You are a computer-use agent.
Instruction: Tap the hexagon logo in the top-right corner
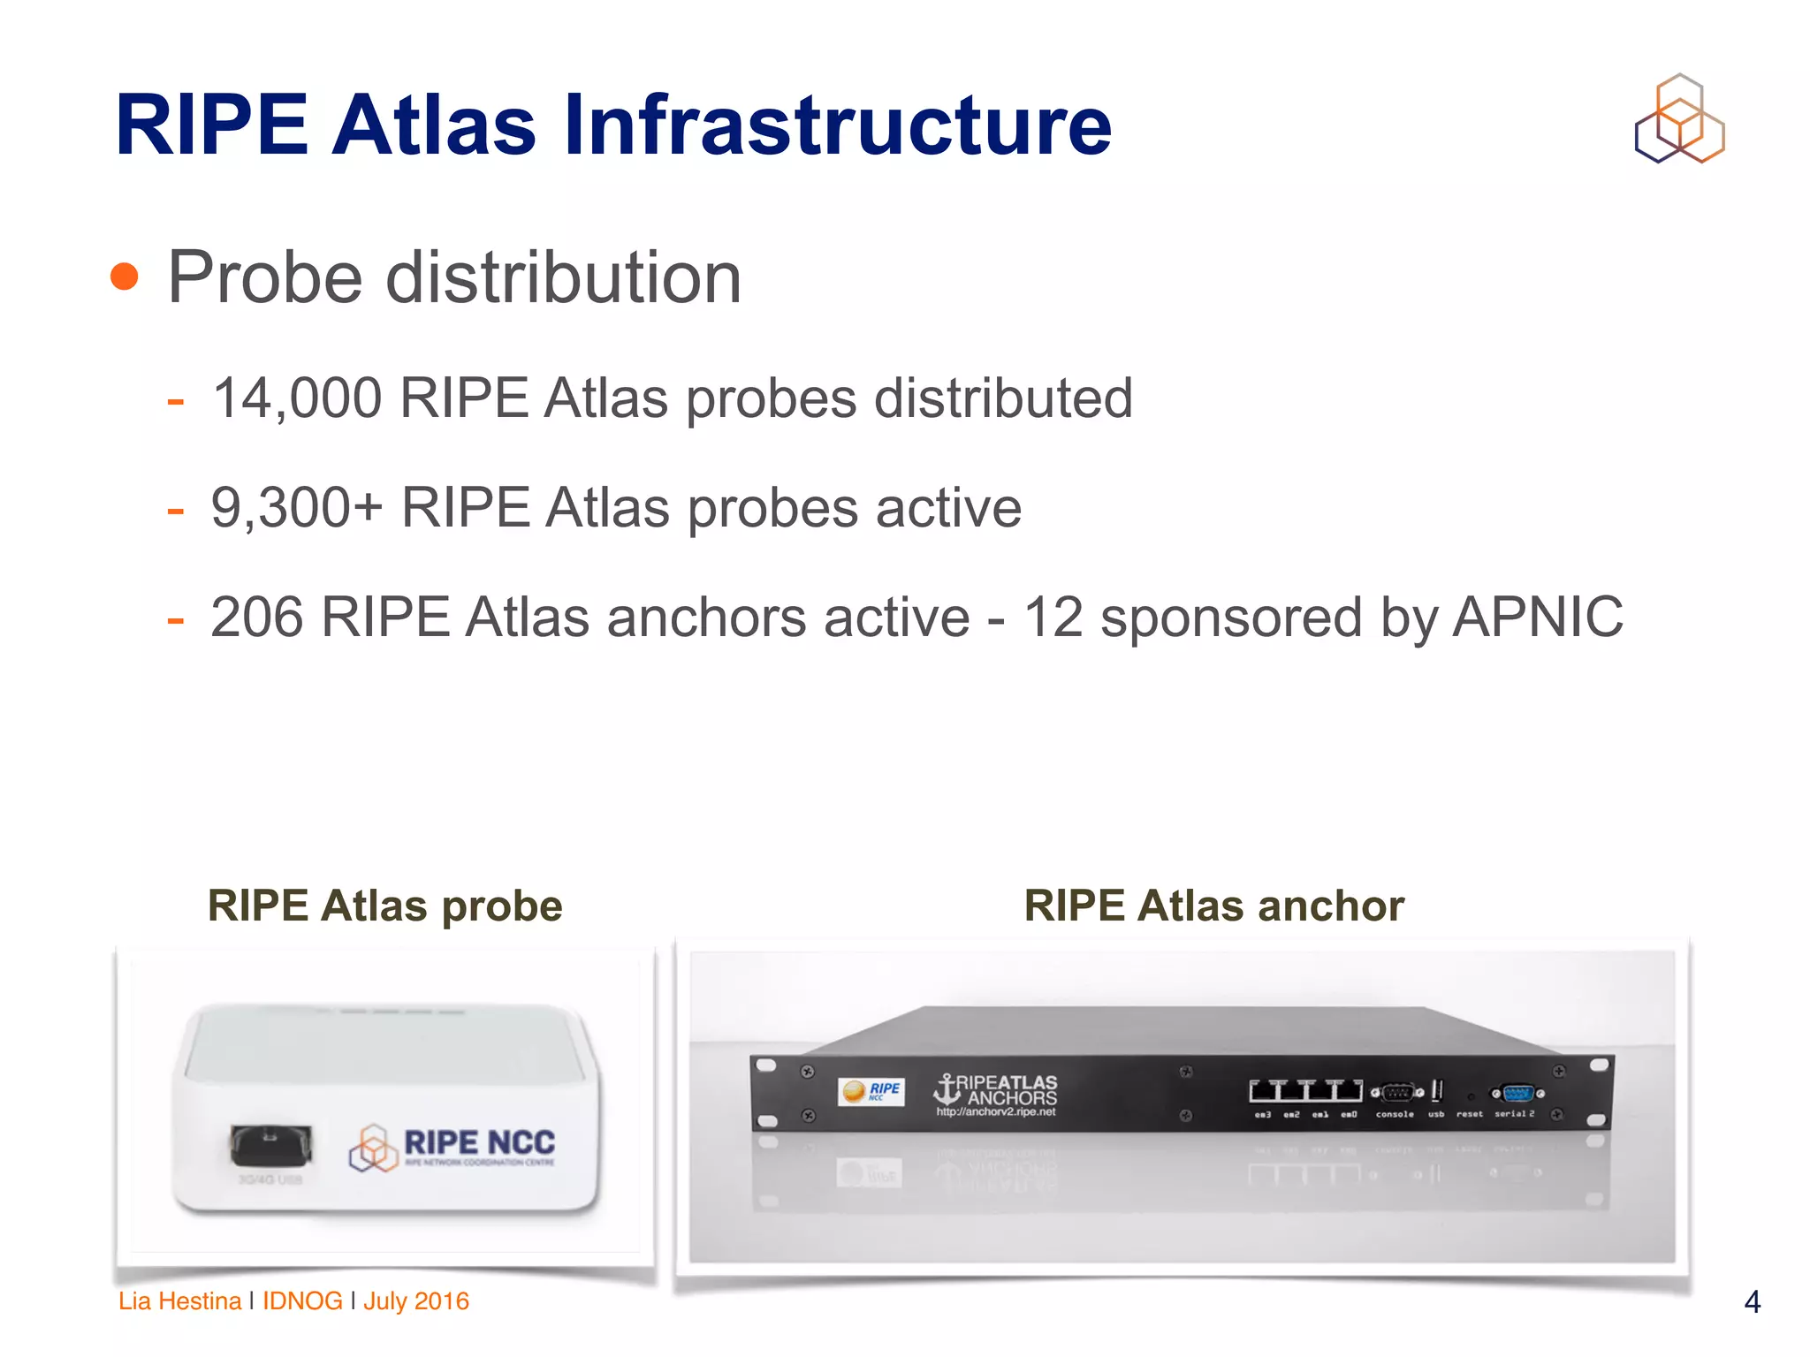pos(1679,118)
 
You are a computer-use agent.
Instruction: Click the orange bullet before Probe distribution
pos(125,277)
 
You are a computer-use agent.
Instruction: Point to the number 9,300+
pos(297,508)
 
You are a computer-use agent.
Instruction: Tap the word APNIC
pos(1537,617)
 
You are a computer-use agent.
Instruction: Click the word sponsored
pos(1230,617)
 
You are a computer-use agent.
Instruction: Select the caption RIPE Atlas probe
pos(384,906)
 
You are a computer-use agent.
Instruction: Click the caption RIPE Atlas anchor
pos(1213,906)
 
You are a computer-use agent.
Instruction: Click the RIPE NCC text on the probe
pos(479,1142)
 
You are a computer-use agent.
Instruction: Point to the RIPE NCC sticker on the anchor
pos(871,1092)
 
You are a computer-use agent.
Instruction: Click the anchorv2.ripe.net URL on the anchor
pos(996,1112)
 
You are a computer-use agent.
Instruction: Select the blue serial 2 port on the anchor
pos(1517,1094)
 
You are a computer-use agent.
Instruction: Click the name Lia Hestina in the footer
pos(179,1301)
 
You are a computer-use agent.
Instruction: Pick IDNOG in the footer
pos(302,1301)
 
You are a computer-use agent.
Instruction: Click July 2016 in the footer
pos(416,1301)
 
